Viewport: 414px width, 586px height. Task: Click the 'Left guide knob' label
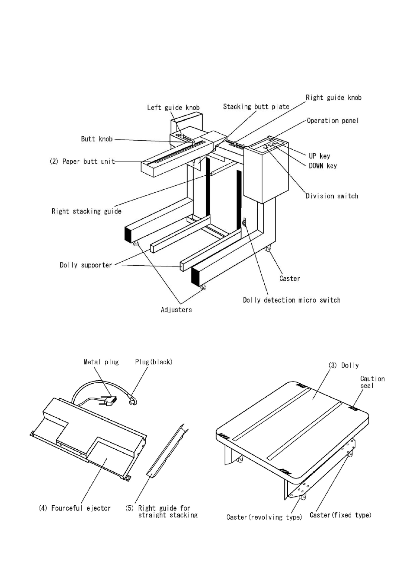coord(173,108)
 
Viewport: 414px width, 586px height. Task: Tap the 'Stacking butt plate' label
coord(256,106)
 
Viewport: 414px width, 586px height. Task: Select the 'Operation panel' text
coord(333,121)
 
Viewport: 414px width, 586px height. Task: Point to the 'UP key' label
coord(319,156)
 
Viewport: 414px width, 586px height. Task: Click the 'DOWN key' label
coord(323,166)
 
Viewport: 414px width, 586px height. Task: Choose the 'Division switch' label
coord(332,196)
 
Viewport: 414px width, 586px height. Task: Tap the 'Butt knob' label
coord(97,139)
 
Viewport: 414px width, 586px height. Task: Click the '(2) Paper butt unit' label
coord(82,161)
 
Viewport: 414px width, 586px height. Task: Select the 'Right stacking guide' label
coord(86,211)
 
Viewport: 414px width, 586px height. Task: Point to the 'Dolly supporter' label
coord(86,265)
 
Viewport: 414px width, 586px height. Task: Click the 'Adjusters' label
coord(176,309)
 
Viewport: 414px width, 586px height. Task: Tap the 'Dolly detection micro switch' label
coord(292,300)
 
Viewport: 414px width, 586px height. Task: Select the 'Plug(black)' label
coord(154,362)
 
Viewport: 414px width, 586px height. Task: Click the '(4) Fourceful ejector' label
coord(75,508)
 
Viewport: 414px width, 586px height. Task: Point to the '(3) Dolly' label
coord(344,365)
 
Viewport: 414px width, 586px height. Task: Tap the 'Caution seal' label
coord(372,382)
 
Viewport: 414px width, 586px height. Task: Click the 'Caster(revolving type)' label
coord(264,517)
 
